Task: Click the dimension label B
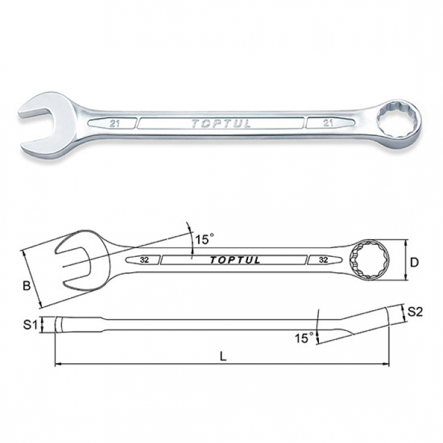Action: (x=27, y=286)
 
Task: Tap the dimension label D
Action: (x=414, y=263)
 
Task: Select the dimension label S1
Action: (x=30, y=325)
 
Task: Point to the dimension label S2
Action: (x=415, y=312)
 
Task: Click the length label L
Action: (x=223, y=357)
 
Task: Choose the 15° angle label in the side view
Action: (x=304, y=337)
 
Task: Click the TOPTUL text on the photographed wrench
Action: (x=221, y=124)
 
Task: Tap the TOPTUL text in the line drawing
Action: (x=235, y=260)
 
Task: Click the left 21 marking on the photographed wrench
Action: (x=114, y=124)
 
